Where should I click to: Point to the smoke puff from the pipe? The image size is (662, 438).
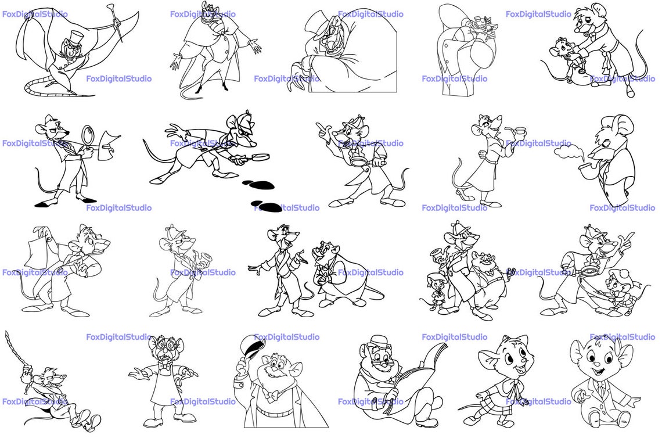pos(569,151)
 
